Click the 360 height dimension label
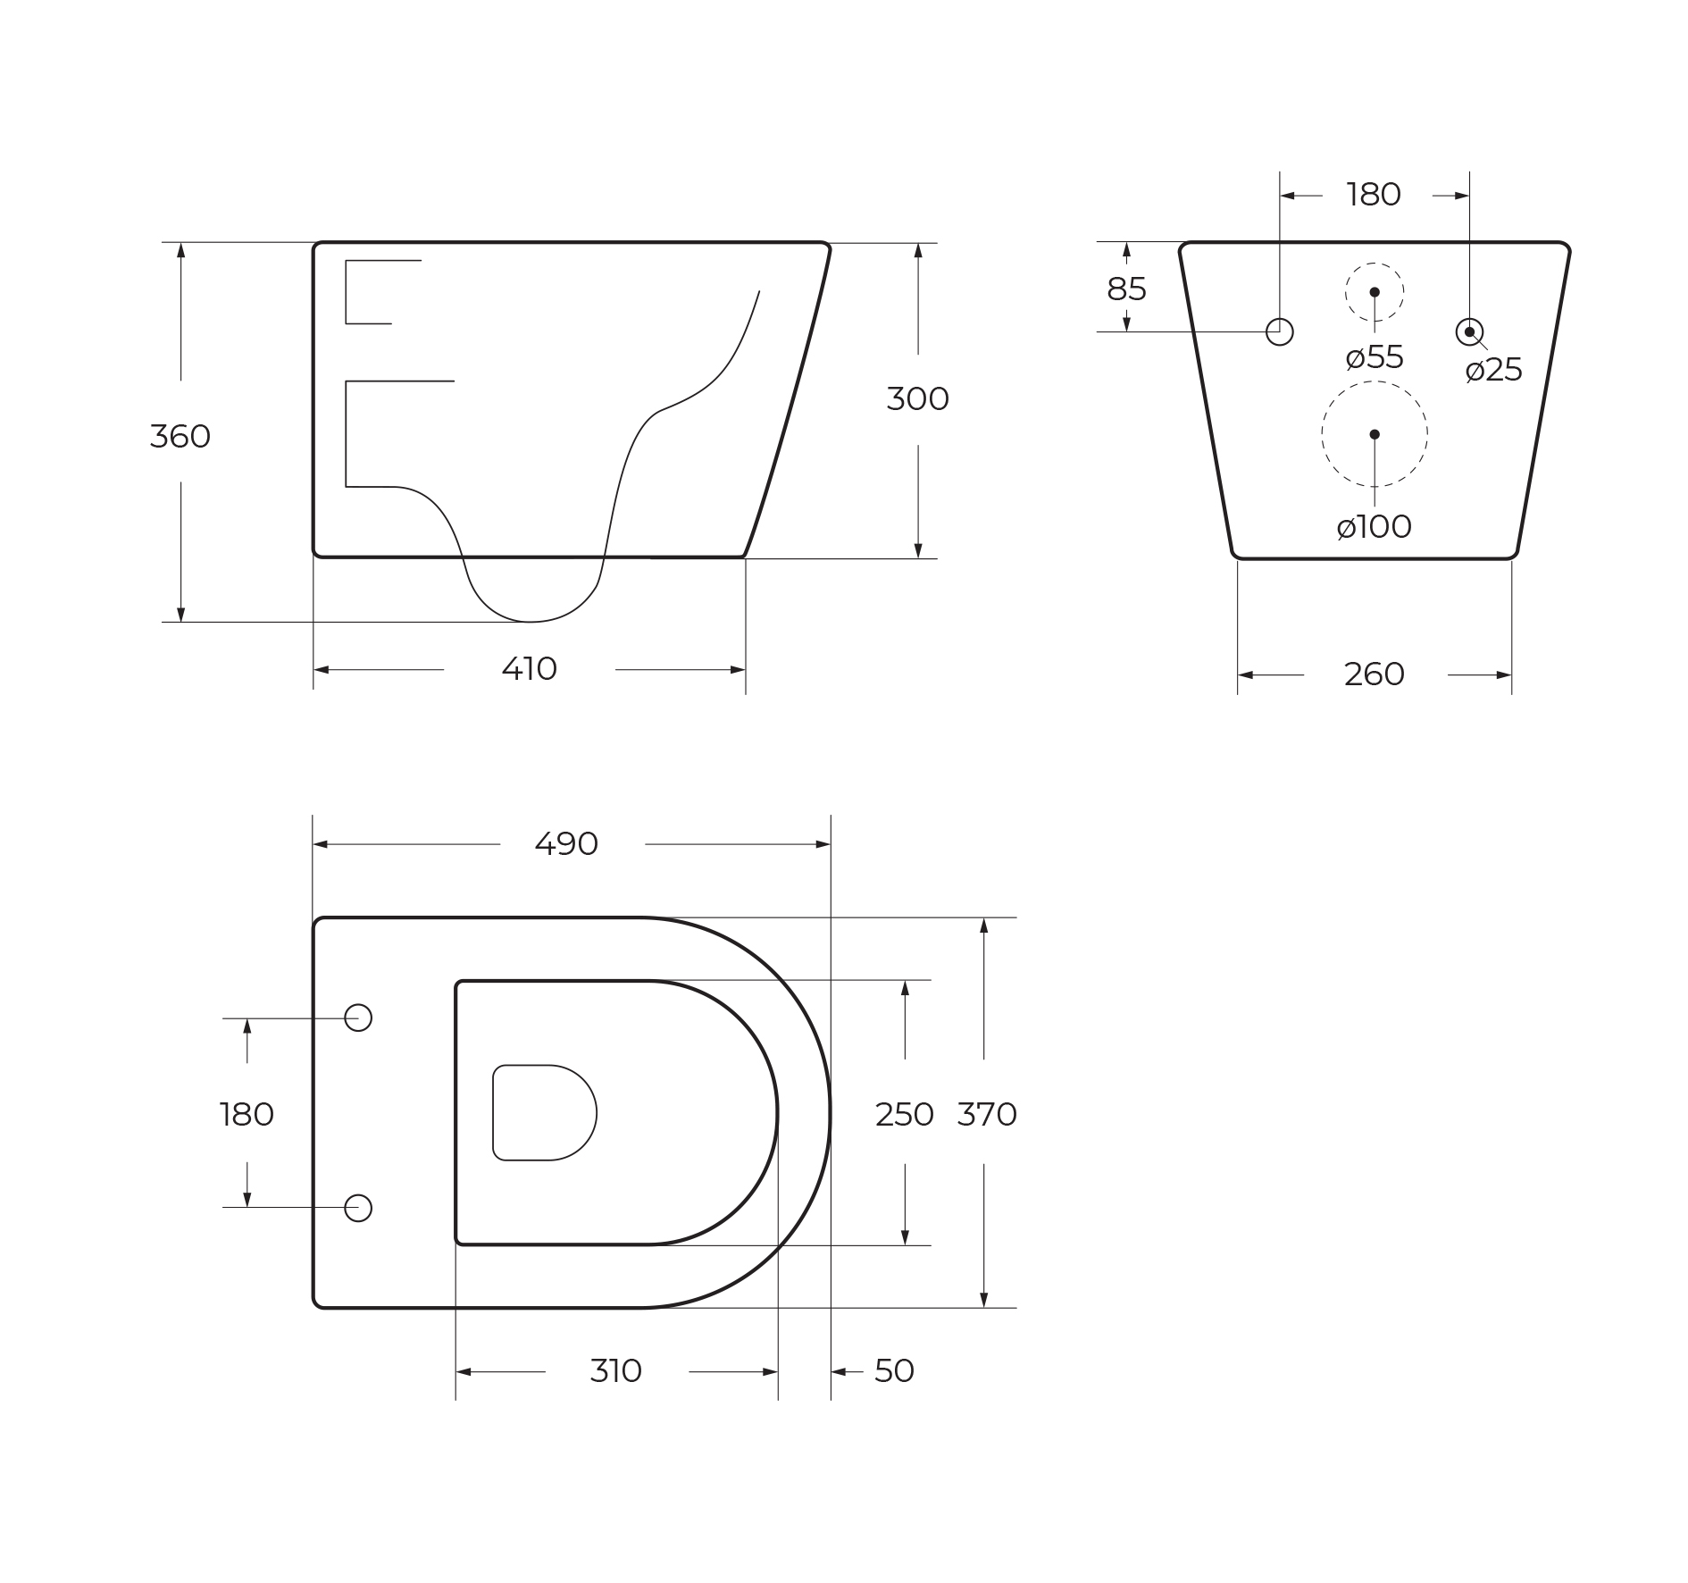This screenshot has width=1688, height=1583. pyautogui.click(x=180, y=437)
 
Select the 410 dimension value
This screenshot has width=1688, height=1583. pyautogui.click(x=530, y=669)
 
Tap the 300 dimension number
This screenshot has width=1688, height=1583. pyautogui.click(x=918, y=399)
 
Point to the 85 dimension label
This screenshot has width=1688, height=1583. pyautogui.click(x=1126, y=289)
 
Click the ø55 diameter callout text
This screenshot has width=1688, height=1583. pyautogui.click(x=1375, y=357)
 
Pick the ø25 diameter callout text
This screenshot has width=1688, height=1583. pyautogui.click(x=1494, y=370)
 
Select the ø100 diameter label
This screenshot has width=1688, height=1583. pyautogui.click(x=1375, y=527)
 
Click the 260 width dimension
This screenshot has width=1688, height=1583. pyautogui.click(x=1375, y=674)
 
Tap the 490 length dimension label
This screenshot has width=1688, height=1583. pyautogui.click(x=566, y=844)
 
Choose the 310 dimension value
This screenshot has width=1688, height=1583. pyautogui.click(x=616, y=1371)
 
